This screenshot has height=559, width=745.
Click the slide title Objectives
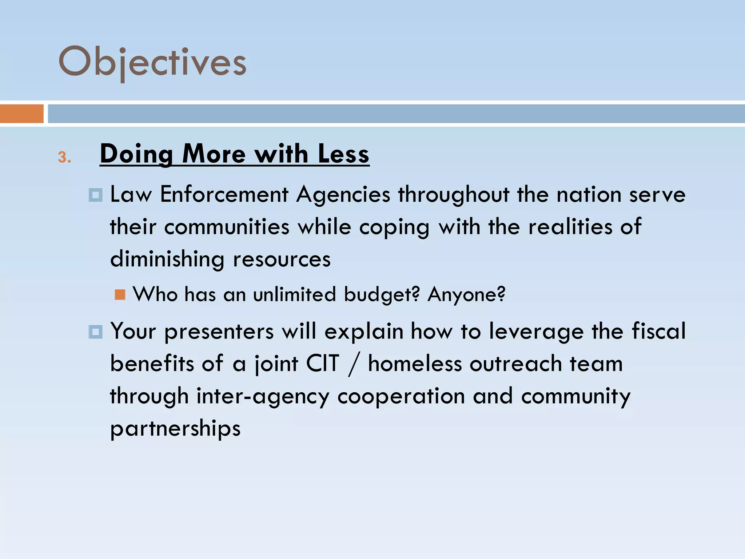[152, 62]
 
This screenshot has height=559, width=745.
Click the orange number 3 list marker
[64, 157]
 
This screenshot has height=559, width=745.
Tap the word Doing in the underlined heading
[136, 154]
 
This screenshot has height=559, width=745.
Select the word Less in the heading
[343, 154]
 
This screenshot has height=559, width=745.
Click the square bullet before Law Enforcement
[96, 195]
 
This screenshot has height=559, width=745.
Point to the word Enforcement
[224, 194]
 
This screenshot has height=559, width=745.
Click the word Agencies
[343, 195]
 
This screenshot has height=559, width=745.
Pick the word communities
[227, 227]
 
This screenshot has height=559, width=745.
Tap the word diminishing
[167, 259]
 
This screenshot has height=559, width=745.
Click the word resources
[282, 259]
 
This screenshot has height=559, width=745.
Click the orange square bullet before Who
[120, 294]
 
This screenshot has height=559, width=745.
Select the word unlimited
[294, 294]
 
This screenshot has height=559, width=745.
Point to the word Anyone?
[466, 294]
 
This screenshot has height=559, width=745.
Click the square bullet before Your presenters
[96, 332]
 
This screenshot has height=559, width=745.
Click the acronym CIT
[323, 364]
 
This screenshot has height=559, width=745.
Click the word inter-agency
[263, 396]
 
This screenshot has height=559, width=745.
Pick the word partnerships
[175, 428]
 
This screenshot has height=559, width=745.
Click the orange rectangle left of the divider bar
[22, 114]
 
